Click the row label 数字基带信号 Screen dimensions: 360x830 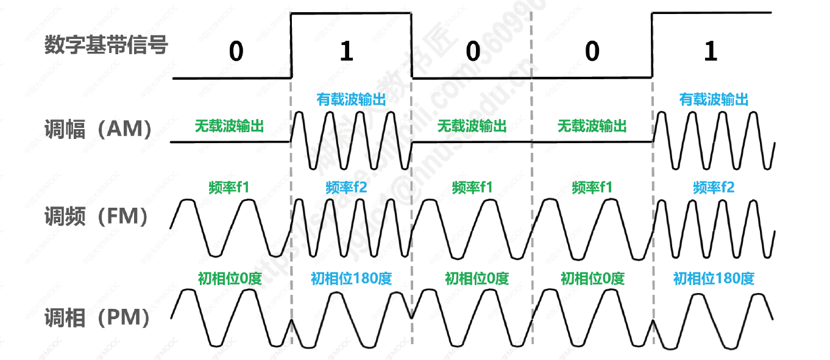(106, 44)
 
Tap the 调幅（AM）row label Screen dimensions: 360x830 (98, 129)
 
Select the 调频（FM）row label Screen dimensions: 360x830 (97, 216)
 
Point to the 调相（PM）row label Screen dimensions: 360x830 (98, 317)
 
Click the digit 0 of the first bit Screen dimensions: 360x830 (236, 52)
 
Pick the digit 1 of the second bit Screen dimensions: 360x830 (346, 52)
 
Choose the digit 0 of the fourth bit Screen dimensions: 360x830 (592, 52)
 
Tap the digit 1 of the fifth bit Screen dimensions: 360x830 (710, 52)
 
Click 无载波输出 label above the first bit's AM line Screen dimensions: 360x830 (229, 126)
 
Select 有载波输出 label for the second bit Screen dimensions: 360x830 (351, 99)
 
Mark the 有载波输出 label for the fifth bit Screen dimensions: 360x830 (714, 99)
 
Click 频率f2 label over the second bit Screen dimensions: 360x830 (347, 187)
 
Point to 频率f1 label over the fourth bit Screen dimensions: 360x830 (592, 187)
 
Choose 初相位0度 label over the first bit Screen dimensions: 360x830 (230, 279)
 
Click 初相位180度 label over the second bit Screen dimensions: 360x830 (351, 279)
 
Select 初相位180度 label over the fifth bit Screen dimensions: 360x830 (714, 279)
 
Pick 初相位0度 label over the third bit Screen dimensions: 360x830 (477, 279)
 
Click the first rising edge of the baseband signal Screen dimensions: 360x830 (292, 46)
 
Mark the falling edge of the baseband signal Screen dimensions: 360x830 (412, 46)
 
